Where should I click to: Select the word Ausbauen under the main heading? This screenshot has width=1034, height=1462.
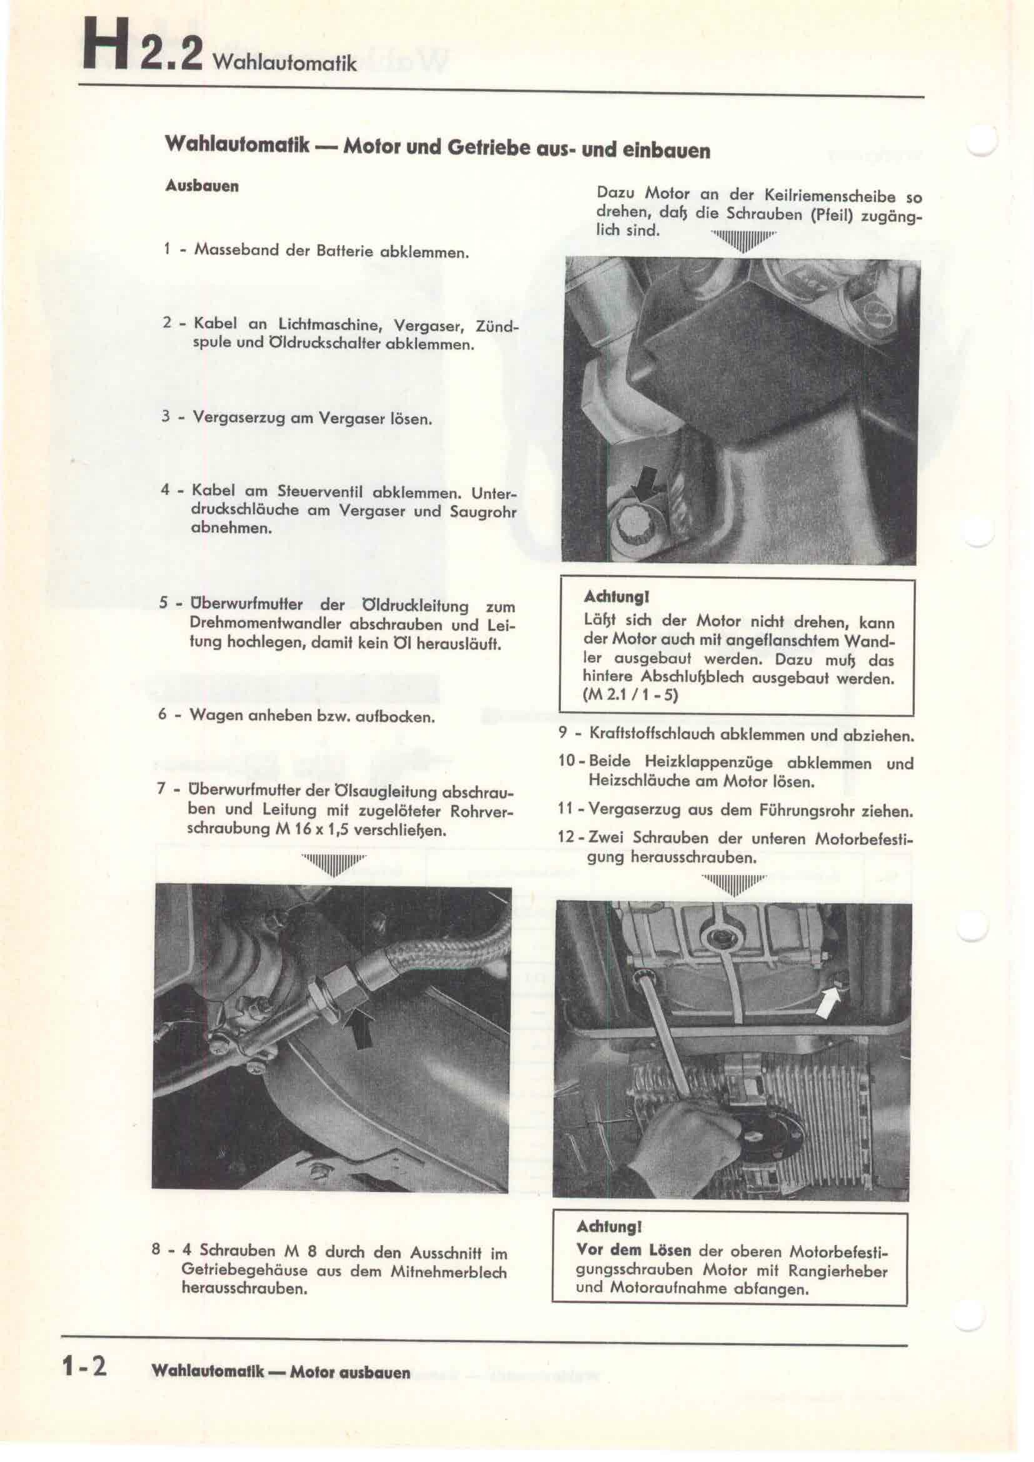point(202,186)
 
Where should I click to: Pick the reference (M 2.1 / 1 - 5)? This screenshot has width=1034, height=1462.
point(630,694)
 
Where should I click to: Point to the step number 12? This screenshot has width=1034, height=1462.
point(566,839)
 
